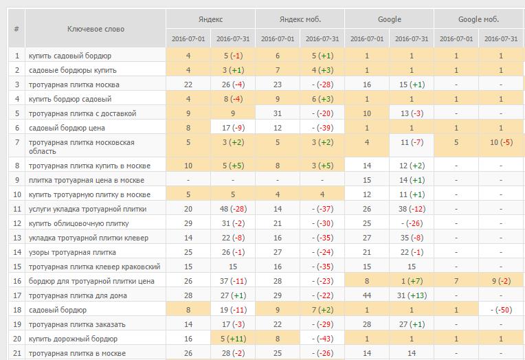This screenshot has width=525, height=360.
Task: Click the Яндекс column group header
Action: (210, 19)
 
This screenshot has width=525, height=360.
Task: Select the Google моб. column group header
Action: (478, 19)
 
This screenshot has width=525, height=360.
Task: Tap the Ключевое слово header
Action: (96, 29)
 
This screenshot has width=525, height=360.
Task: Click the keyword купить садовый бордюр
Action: (70, 56)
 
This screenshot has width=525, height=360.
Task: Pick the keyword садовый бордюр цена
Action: (67, 128)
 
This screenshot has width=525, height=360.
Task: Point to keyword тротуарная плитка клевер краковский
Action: (94, 267)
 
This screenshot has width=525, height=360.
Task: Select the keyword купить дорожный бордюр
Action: (73, 339)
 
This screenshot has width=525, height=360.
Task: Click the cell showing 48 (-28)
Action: (233, 209)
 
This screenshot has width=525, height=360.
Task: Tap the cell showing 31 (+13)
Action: (412, 295)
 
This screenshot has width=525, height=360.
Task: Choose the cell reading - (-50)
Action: (501, 310)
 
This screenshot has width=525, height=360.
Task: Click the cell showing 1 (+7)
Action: (412, 281)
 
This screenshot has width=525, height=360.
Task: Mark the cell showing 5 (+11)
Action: (233, 339)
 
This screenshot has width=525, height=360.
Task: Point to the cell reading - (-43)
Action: (322, 339)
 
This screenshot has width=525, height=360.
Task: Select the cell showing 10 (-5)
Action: (501, 142)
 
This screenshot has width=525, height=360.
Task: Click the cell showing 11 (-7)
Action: (412, 142)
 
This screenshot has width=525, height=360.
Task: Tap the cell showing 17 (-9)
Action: (233, 128)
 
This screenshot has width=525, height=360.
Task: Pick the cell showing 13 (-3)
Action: (412, 113)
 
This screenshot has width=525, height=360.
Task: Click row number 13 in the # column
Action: (17, 238)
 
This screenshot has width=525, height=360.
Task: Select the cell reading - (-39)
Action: (322, 128)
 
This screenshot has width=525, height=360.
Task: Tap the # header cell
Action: (16, 29)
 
